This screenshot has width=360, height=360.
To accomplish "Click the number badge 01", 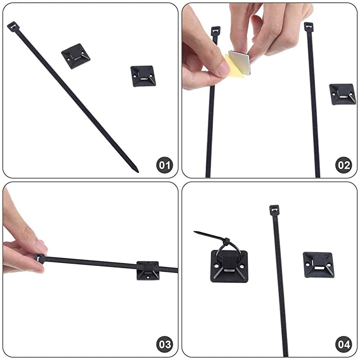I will (165, 165).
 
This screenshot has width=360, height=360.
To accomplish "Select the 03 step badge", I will (165, 345).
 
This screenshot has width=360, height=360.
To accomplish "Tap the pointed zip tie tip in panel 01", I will (137, 171).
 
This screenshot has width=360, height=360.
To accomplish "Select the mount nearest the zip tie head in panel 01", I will (75, 56).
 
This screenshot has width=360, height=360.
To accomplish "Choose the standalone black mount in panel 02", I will (342, 94).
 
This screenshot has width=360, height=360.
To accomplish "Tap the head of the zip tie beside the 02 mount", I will (308, 27).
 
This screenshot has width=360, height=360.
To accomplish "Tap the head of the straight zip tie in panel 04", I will (274, 210).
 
